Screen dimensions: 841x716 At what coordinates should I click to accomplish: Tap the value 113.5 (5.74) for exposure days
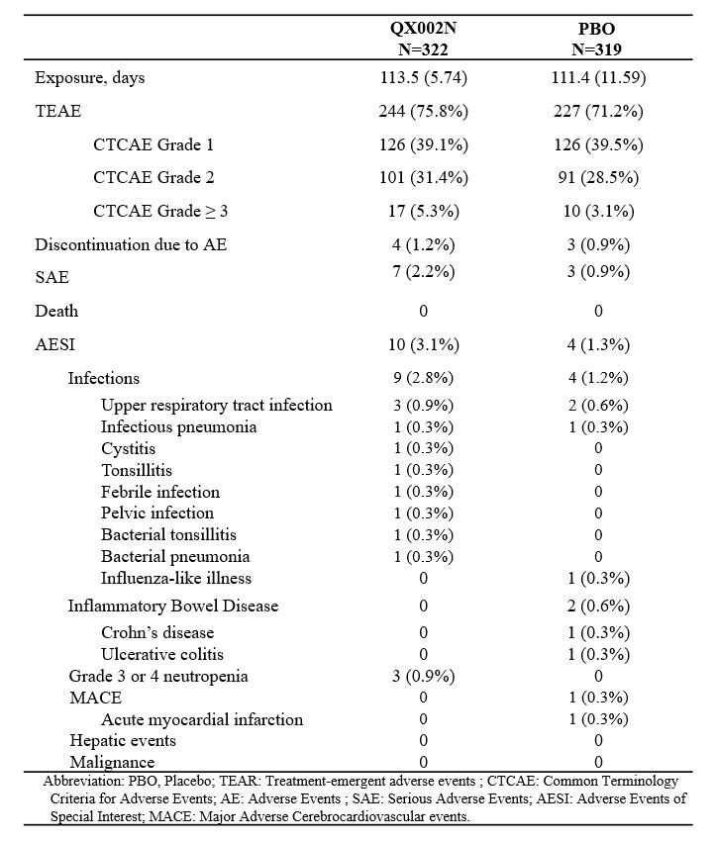pos(423,78)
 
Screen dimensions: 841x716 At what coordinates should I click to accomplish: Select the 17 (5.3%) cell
pos(423,212)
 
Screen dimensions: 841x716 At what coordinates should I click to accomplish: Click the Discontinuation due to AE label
pos(131,244)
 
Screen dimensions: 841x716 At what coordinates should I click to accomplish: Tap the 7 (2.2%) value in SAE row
pos(423,276)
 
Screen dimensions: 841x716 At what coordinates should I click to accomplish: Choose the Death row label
pos(56,311)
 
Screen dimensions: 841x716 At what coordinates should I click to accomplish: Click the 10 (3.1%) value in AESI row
pos(423,344)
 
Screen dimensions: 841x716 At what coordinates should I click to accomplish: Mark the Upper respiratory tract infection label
pos(216,406)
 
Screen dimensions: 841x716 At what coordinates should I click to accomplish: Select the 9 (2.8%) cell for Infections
pos(423,378)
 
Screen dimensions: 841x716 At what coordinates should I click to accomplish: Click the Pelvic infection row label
pos(156,513)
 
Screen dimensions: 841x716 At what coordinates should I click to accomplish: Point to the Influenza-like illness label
pos(175,578)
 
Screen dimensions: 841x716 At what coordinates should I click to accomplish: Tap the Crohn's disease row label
pos(156,632)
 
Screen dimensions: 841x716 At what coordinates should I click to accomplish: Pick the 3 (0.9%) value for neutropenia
pos(423,677)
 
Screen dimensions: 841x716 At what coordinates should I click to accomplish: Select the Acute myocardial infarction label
pos(202,719)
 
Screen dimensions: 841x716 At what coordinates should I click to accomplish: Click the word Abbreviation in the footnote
pos(85,781)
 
